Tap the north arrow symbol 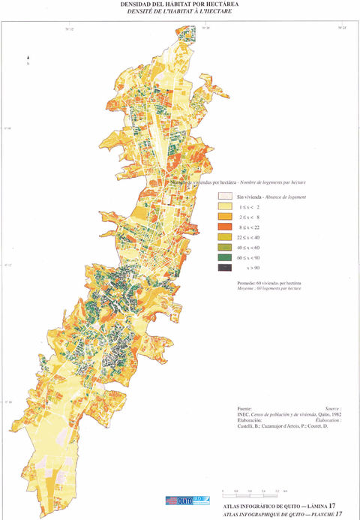[27, 57]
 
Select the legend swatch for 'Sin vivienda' [223, 195]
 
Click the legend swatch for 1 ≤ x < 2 [223, 206]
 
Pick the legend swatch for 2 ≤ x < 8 [223, 216]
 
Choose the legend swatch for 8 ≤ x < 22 [223, 226]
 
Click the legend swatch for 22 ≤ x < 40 [223, 236]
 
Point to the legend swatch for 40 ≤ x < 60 [223, 246]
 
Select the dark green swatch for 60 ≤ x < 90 [223, 257]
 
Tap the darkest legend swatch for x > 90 [223, 267]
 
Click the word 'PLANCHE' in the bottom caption [315, 513]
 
